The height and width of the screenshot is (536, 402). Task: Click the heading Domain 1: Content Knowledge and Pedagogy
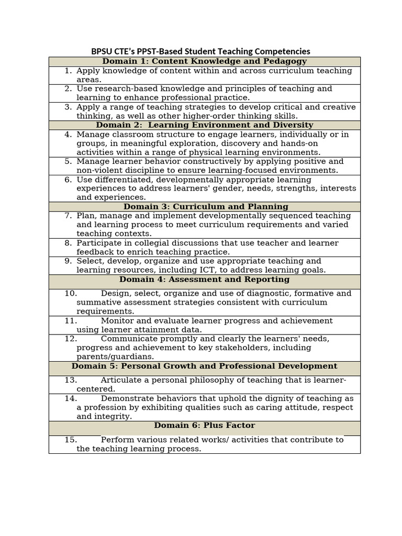coord(204,61)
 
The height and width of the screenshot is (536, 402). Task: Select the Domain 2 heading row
coord(204,125)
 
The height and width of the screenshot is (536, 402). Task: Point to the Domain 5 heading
coord(204,366)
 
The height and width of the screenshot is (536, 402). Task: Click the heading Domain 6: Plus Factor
coord(204,426)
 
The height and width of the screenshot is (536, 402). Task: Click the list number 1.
coord(68,71)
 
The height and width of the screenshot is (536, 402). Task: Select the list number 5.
coord(68,162)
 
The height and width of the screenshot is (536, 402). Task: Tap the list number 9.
coord(68,261)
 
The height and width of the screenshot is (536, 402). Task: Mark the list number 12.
coord(71,339)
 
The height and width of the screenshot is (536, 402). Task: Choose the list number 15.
coord(71,440)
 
